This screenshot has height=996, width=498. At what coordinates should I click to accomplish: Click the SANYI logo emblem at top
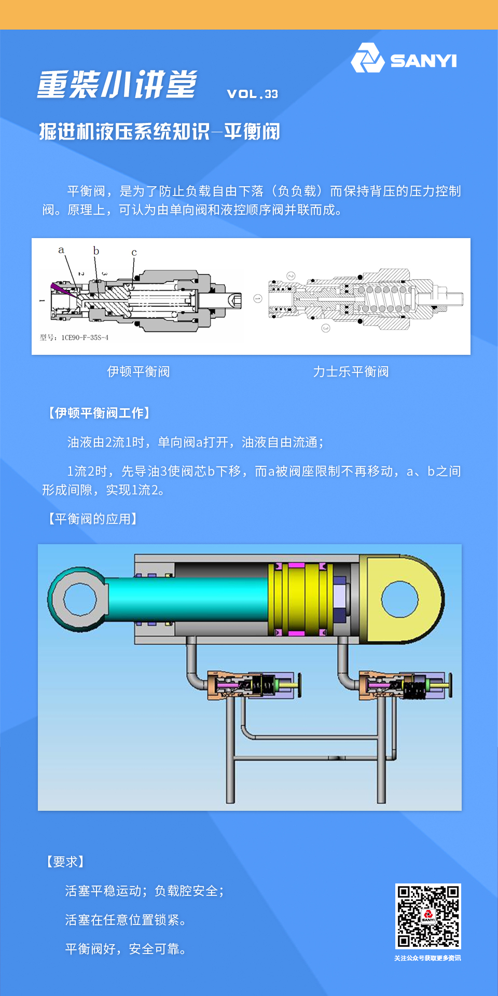367,58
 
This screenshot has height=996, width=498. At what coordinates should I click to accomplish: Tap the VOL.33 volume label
253,94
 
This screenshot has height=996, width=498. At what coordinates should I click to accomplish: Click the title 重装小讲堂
117,84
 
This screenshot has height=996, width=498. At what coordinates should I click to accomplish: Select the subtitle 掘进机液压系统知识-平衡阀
160,132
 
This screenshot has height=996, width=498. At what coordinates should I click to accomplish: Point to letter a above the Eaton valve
61,250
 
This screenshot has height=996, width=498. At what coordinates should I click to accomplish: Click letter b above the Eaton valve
96,251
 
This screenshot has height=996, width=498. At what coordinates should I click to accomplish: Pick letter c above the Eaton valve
134,253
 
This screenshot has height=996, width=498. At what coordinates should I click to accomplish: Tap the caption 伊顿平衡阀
139,371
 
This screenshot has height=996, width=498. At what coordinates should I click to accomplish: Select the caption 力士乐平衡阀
351,371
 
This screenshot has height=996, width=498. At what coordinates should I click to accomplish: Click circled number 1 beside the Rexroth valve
258,299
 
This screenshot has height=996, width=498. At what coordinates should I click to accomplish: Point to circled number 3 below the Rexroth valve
326,328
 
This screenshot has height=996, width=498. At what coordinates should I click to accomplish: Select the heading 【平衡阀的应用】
92,519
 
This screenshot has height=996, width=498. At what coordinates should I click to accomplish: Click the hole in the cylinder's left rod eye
80,599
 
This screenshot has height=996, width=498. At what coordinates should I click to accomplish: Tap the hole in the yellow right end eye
399,599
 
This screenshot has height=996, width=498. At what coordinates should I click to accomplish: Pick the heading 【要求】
65,862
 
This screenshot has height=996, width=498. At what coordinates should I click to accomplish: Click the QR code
428,916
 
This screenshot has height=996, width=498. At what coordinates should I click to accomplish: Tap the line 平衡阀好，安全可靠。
126,949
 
